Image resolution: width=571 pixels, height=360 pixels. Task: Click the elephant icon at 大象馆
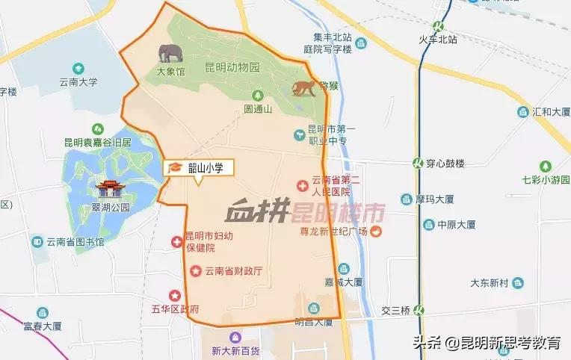(170, 53)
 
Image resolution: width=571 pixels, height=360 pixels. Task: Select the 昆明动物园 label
(232, 67)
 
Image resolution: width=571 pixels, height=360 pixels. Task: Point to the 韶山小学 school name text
(206, 168)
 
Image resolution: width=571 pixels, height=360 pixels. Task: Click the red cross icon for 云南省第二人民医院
(302, 184)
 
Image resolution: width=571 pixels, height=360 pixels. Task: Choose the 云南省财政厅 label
(232, 270)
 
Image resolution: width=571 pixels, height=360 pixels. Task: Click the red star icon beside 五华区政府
(175, 296)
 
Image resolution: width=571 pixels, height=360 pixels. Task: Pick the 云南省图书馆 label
(74, 241)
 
